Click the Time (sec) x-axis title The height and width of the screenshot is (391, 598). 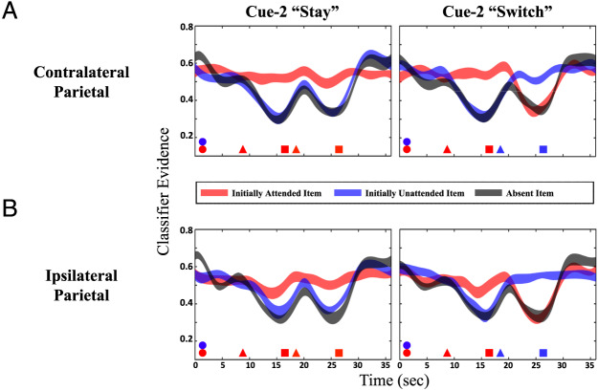coord(394,380)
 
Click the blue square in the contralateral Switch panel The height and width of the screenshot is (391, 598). coord(543,149)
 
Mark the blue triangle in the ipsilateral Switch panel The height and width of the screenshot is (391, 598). coord(500,353)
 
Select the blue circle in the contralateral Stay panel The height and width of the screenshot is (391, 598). coord(202,141)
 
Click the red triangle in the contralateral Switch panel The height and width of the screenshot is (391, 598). coord(447,149)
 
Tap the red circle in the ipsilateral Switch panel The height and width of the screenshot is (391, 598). coord(407,353)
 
